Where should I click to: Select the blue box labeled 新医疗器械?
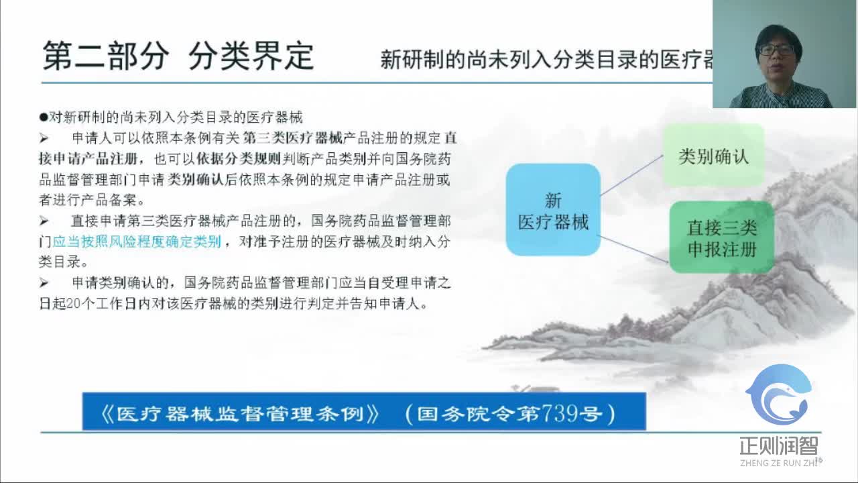click(553, 210)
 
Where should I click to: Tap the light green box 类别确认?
click(713, 156)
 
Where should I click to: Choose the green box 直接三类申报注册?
click(722, 237)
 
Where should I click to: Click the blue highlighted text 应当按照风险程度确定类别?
click(137, 241)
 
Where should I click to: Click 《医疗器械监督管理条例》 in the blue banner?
click(239, 413)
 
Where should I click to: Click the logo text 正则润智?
click(779, 445)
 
